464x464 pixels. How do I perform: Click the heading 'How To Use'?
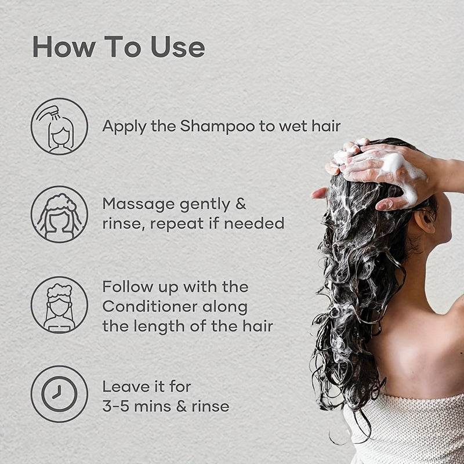[118, 47]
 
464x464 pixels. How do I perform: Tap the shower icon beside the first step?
[59, 126]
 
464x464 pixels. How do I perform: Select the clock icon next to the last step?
[59, 394]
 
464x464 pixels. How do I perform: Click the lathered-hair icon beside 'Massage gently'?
[59, 214]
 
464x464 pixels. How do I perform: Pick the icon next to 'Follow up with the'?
[59, 304]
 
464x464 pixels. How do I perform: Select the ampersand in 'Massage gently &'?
[240, 204]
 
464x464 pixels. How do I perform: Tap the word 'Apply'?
[120, 126]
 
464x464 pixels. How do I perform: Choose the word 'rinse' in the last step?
[212, 406]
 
